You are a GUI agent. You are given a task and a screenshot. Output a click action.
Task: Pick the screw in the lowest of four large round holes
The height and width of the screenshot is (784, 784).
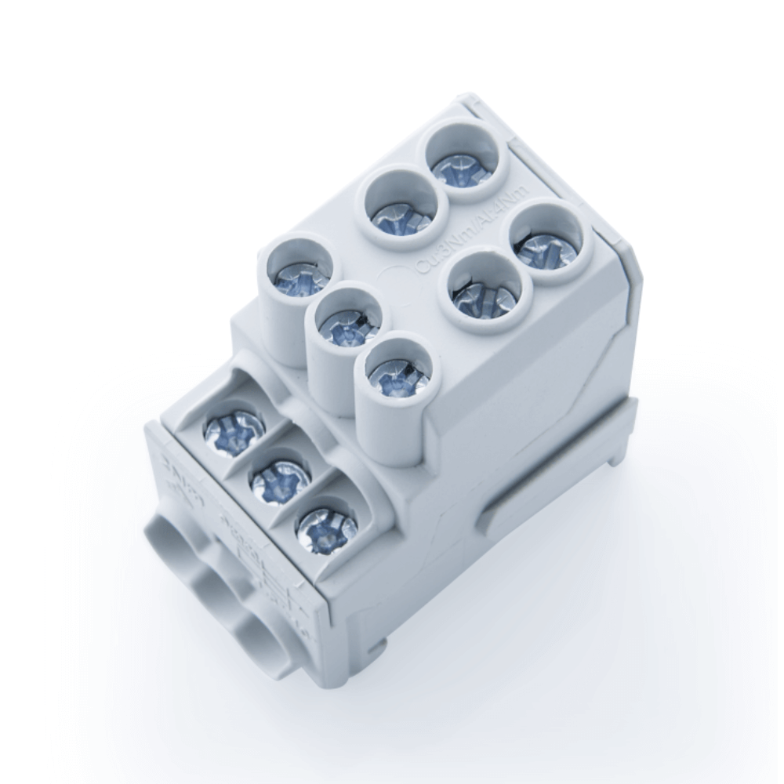[481, 296]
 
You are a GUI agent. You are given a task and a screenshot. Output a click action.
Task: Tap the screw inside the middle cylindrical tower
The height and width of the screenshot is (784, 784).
[343, 328]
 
